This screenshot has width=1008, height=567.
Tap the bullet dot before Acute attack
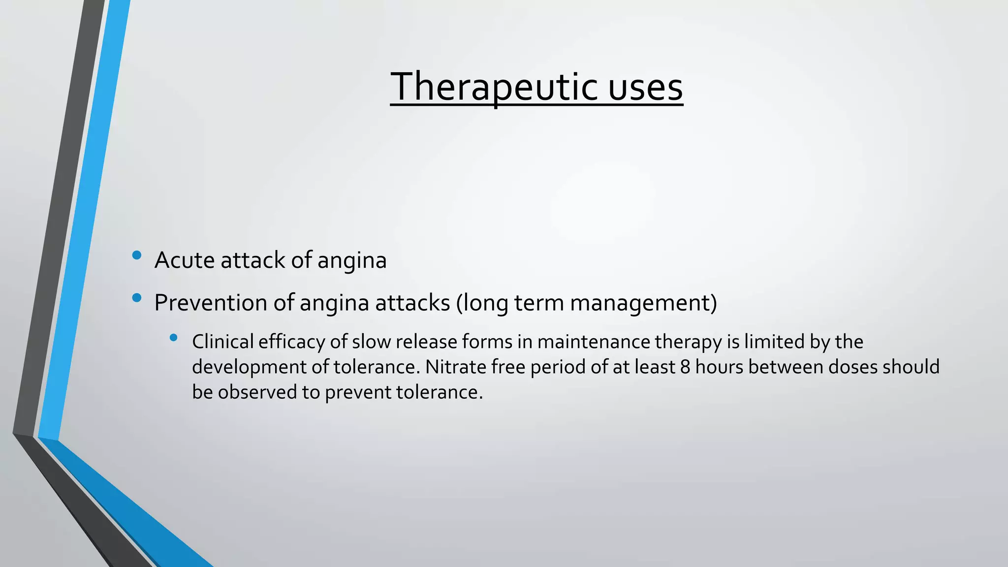click(x=137, y=255)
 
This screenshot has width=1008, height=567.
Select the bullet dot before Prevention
click(x=137, y=297)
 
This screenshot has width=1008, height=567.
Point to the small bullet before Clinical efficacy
click(x=173, y=338)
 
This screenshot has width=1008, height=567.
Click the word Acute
click(x=184, y=260)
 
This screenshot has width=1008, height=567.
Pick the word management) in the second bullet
click(x=643, y=302)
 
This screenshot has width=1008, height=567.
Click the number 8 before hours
click(x=685, y=367)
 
